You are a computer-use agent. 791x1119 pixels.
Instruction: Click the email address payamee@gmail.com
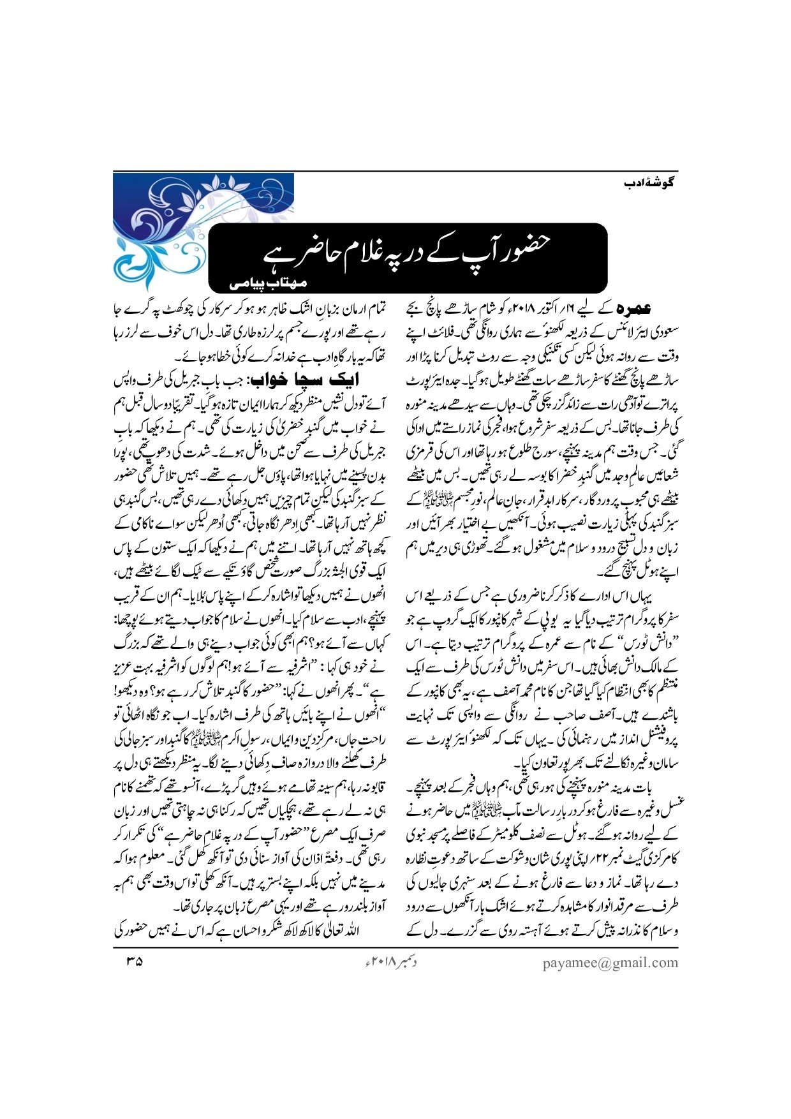(610, 963)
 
